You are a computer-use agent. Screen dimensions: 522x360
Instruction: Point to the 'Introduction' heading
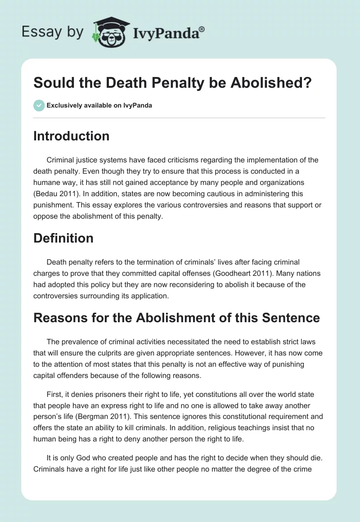click(71, 136)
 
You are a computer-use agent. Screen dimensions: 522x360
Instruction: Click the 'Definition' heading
click(63, 238)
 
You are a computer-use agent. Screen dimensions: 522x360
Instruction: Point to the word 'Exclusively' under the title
click(62, 106)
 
